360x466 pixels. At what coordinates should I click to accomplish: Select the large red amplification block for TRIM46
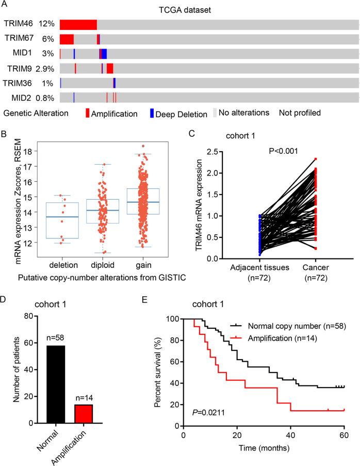coord(78,24)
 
